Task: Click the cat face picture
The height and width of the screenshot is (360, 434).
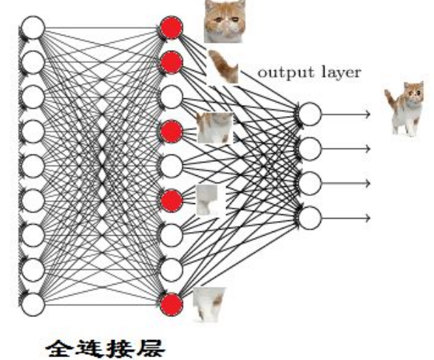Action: (224, 21)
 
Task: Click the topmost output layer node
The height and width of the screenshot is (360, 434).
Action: (310, 115)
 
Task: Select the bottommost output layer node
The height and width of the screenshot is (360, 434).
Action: (310, 217)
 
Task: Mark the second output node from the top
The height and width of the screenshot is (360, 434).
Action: (310, 149)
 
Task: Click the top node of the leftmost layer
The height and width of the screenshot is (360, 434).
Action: (33, 28)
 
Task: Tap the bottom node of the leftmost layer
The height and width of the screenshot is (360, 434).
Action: (33, 304)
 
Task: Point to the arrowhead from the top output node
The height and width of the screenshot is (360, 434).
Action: (367, 115)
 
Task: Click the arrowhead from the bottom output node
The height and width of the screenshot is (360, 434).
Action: (367, 217)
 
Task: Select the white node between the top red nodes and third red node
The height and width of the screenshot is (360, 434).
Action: (171, 97)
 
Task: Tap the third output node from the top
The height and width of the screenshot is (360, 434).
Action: (310, 183)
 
